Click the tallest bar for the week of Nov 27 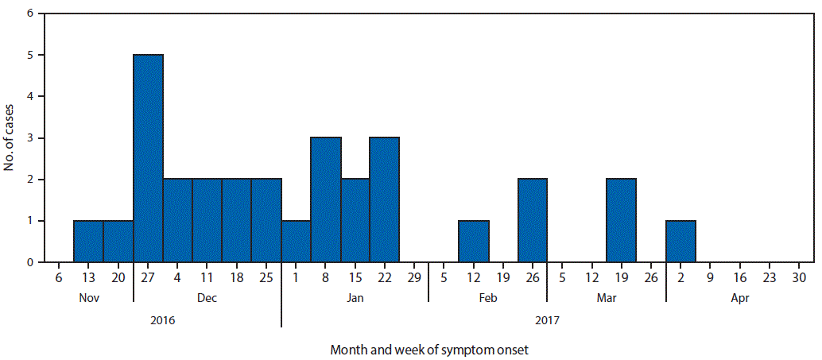(x=148, y=159)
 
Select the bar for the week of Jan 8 (x=326, y=200)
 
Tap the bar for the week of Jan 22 (x=385, y=200)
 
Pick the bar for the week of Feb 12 (x=474, y=242)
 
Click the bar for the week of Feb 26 (x=533, y=221)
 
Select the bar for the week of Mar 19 (x=621, y=221)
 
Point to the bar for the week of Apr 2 (x=680, y=242)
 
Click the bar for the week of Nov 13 (x=88, y=242)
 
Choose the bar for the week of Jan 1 (x=296, y=242)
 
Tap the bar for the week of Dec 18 (x=237, y=221)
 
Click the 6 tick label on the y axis (x=30, y=14)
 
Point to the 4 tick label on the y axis (x=30, y=97)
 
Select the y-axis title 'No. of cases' (x=10, y=137)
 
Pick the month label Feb (x=488, y=299)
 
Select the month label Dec (x=207, y=299)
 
